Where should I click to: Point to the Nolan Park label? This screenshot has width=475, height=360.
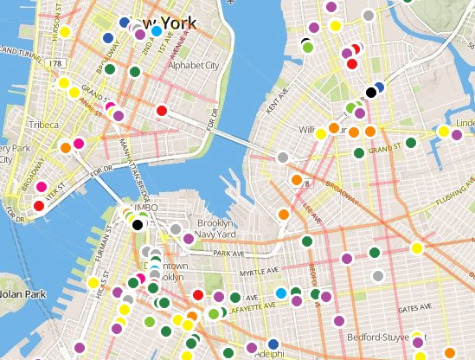tap(22, 293)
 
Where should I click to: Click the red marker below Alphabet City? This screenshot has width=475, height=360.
tap(161, 110)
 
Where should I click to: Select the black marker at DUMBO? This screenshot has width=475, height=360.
tap(138, 224)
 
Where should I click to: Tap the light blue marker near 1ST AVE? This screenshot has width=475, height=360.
tap(156, 31)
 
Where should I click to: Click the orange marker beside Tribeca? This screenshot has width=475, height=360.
tap(65, 148)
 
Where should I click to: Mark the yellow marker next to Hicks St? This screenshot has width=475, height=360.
tap(93, 283)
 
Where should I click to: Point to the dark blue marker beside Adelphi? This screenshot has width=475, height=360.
tap(273, 344)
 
